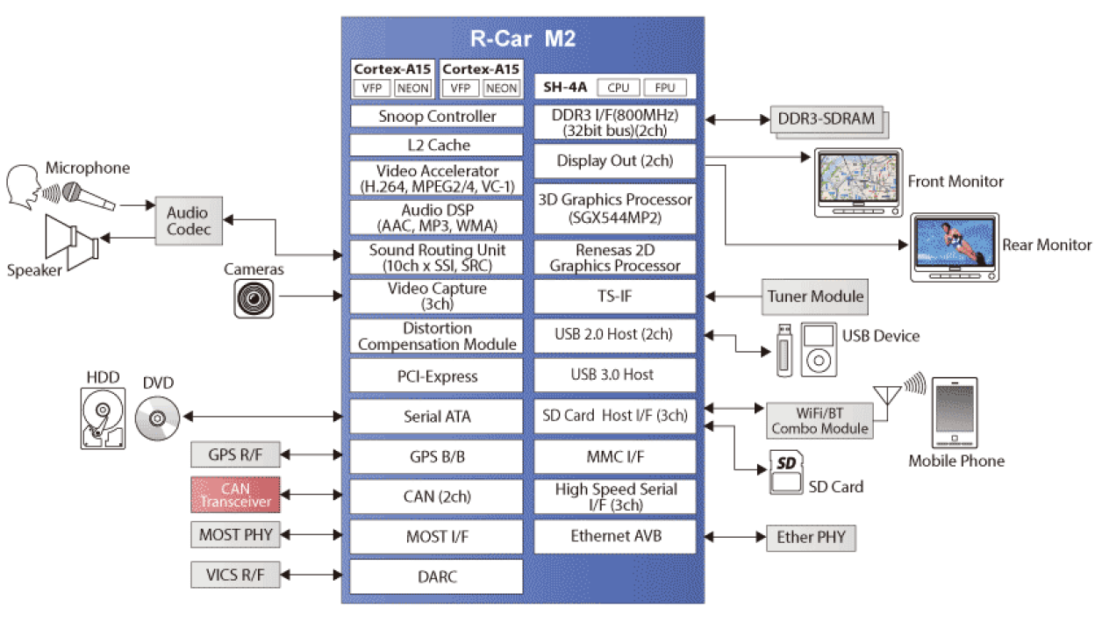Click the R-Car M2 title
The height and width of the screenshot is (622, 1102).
[x=522, y=39]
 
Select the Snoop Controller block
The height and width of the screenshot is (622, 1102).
[x=437, y=117]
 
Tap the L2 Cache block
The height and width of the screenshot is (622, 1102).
[x=437, y=146]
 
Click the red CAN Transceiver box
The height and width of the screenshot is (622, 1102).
[x=235, y=495]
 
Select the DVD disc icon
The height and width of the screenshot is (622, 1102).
[x=158, y=416]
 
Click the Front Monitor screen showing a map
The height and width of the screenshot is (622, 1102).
[x=857, y=178]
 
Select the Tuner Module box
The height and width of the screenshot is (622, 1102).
[x=815, y=297]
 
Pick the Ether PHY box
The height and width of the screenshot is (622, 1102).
[x=812, y=538]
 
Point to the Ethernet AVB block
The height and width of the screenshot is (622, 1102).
[x=615, y=536]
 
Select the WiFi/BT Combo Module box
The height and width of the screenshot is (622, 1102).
[x=819, y=419]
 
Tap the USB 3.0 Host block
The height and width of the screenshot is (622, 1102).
[x=615, y=375]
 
